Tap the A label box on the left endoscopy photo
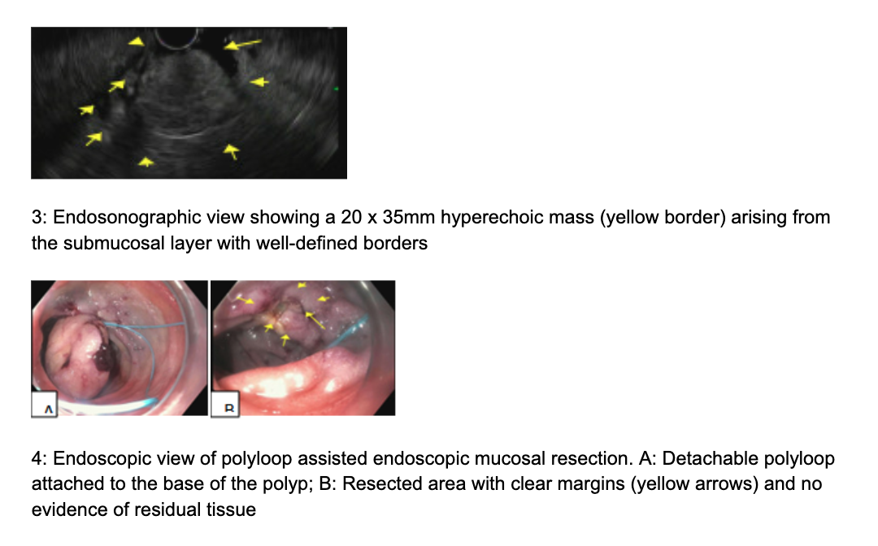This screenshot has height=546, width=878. click(44, 404)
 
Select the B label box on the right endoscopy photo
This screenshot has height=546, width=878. click(225, 404)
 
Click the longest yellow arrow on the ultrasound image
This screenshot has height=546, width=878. click(242, 44)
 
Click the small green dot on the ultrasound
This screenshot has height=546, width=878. click(337, 89)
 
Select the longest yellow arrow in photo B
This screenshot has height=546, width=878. click(315, 320)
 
